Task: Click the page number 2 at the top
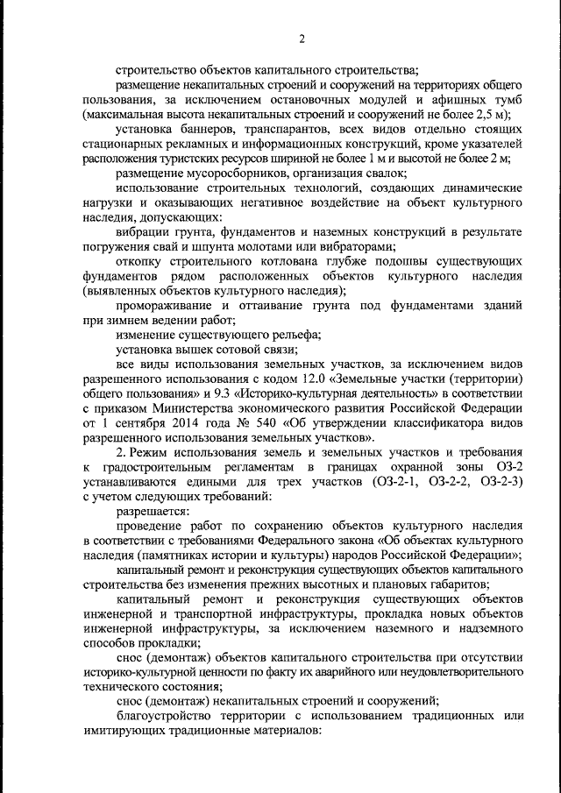(x=301, y=39)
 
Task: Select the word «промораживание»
(x=165, y=306)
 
